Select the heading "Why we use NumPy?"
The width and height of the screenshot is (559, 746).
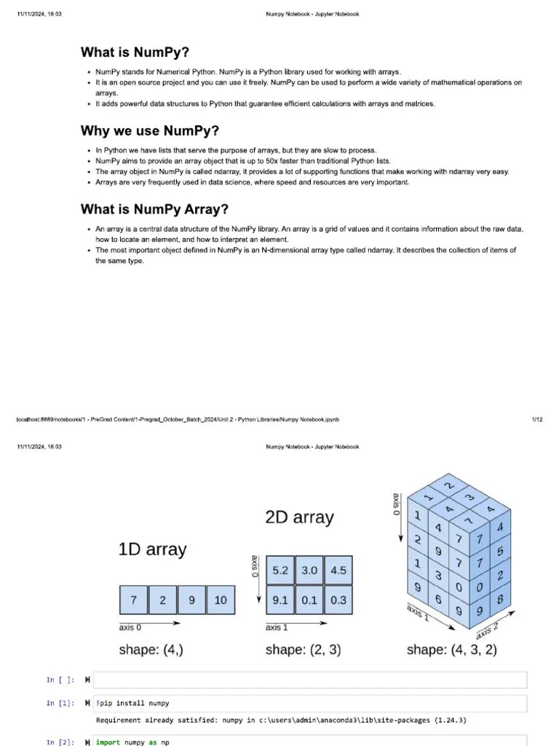[x=149, y=131]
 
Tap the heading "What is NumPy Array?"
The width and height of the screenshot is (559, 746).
[x=154, y=210]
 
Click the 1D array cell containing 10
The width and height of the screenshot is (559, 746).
[x=221, y=600]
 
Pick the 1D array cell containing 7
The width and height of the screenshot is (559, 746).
[x=133, y=600]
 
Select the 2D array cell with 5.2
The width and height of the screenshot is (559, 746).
[x=280, y=570]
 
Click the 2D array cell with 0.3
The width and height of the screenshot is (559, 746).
[x=338, y=600]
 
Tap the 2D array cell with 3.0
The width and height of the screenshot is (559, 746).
[x=309, y=570]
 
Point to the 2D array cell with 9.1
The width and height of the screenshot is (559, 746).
[x=280, y=600]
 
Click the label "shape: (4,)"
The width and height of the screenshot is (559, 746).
[x=151, y=649]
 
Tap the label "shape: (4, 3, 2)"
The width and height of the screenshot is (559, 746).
[x=451, y=649]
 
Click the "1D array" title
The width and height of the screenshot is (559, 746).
[x=152, y=549]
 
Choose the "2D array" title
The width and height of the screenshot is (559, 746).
[x=299, y=518]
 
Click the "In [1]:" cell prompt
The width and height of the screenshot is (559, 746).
[x=60, y=703]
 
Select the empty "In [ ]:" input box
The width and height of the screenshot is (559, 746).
[x=309, y=680]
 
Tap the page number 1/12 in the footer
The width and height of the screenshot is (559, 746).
[x=537, y=420]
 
